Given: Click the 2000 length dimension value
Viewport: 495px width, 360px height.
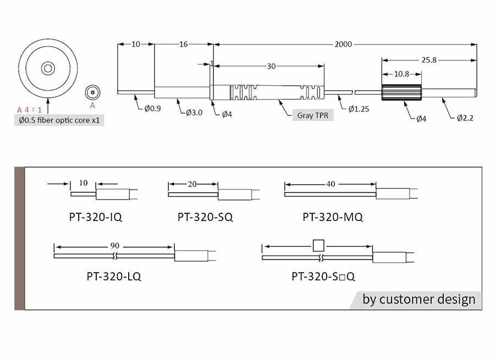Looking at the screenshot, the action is click(x=343, y=44).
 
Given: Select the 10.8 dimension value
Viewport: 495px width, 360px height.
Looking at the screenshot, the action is click(x=402, y=74).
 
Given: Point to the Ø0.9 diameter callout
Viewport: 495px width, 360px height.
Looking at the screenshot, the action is click(x=152, y=108).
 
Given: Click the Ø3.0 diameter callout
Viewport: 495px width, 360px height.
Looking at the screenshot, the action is click(x=194, y=113).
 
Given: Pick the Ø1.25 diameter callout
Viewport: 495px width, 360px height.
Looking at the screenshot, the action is click(x=359, y=109).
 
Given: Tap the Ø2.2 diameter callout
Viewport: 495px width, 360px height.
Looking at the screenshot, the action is click(x=465, y=118).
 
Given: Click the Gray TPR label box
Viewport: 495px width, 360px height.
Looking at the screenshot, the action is click(x=313, y=115).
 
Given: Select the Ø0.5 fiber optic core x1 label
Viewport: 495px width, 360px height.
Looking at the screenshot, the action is click(x=59, y=120).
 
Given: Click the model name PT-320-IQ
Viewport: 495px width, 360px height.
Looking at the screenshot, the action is click(x=95, y=217).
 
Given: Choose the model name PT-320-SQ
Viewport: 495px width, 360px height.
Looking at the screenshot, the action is click(x=205, y=217).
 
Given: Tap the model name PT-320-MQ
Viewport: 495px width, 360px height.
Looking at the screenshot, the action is click(x=333, y=217).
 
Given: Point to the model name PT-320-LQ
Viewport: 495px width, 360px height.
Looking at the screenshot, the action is click(x=114, y=276).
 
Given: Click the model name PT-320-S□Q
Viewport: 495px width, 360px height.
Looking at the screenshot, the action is click(x=323, y=276).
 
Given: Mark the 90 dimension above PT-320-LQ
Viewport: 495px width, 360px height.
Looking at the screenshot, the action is click(x=114, y=246).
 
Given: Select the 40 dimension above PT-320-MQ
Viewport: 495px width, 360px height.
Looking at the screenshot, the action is click(x=331, y=184).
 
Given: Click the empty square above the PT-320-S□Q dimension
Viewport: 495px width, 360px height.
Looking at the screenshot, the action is click(x=318, y=246).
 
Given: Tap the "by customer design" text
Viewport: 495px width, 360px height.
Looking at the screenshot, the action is click(x=419, y=299).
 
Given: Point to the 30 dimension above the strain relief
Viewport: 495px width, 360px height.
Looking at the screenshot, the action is click(x=271, y=67).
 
